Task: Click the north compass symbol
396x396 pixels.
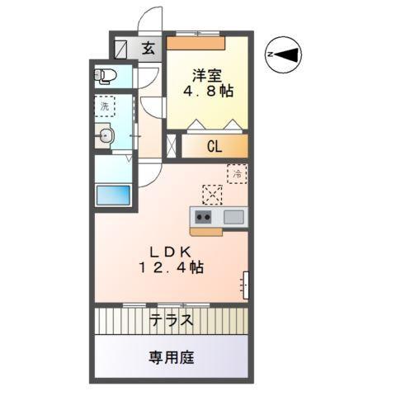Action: (x=285, y=54)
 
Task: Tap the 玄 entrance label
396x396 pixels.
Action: (x=148, y=49)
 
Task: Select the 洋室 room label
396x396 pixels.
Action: (x=207, y=73)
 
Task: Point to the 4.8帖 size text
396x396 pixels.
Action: (x=207, y=91)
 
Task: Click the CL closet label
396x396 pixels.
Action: (x=214, y=148)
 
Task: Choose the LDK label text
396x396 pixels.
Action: (x=171, y=251)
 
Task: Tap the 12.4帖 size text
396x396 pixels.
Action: (x=171, y=268)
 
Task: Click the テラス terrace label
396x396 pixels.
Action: (x=172, y=320)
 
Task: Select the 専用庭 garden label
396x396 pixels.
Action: (x=172, y=357)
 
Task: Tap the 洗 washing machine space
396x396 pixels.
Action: (x=104, y=106)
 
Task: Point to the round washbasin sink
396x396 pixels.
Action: (x=105, y=137)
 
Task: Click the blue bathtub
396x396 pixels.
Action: (x=113, y=196)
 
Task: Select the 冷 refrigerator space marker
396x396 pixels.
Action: (x=237, y=174)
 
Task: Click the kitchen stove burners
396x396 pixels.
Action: (x=202, y=217)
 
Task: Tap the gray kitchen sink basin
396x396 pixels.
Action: (x=233, y=217)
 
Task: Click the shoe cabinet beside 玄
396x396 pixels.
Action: (x=125, y=49)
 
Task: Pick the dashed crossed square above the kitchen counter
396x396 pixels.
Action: (x=212, y=195)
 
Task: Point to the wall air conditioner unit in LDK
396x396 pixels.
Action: (x=246, y=284)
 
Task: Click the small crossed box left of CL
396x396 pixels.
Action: (x=172, y=148)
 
